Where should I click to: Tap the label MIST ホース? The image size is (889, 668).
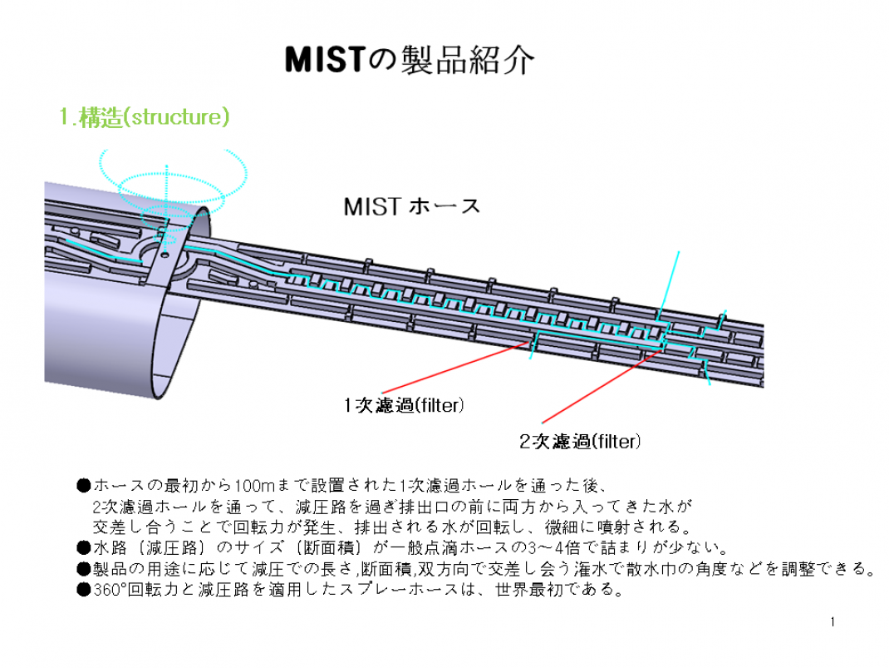click(411, 206)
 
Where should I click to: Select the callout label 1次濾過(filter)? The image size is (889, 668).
click(404, 406)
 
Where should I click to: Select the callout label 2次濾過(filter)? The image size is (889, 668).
click(580, 441)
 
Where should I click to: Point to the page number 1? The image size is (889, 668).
click(833, 621)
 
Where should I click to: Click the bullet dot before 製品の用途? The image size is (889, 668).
click(83, 569)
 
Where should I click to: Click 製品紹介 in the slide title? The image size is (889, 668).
click(465, 59)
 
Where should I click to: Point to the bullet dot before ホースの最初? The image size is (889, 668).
click(83, 485)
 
